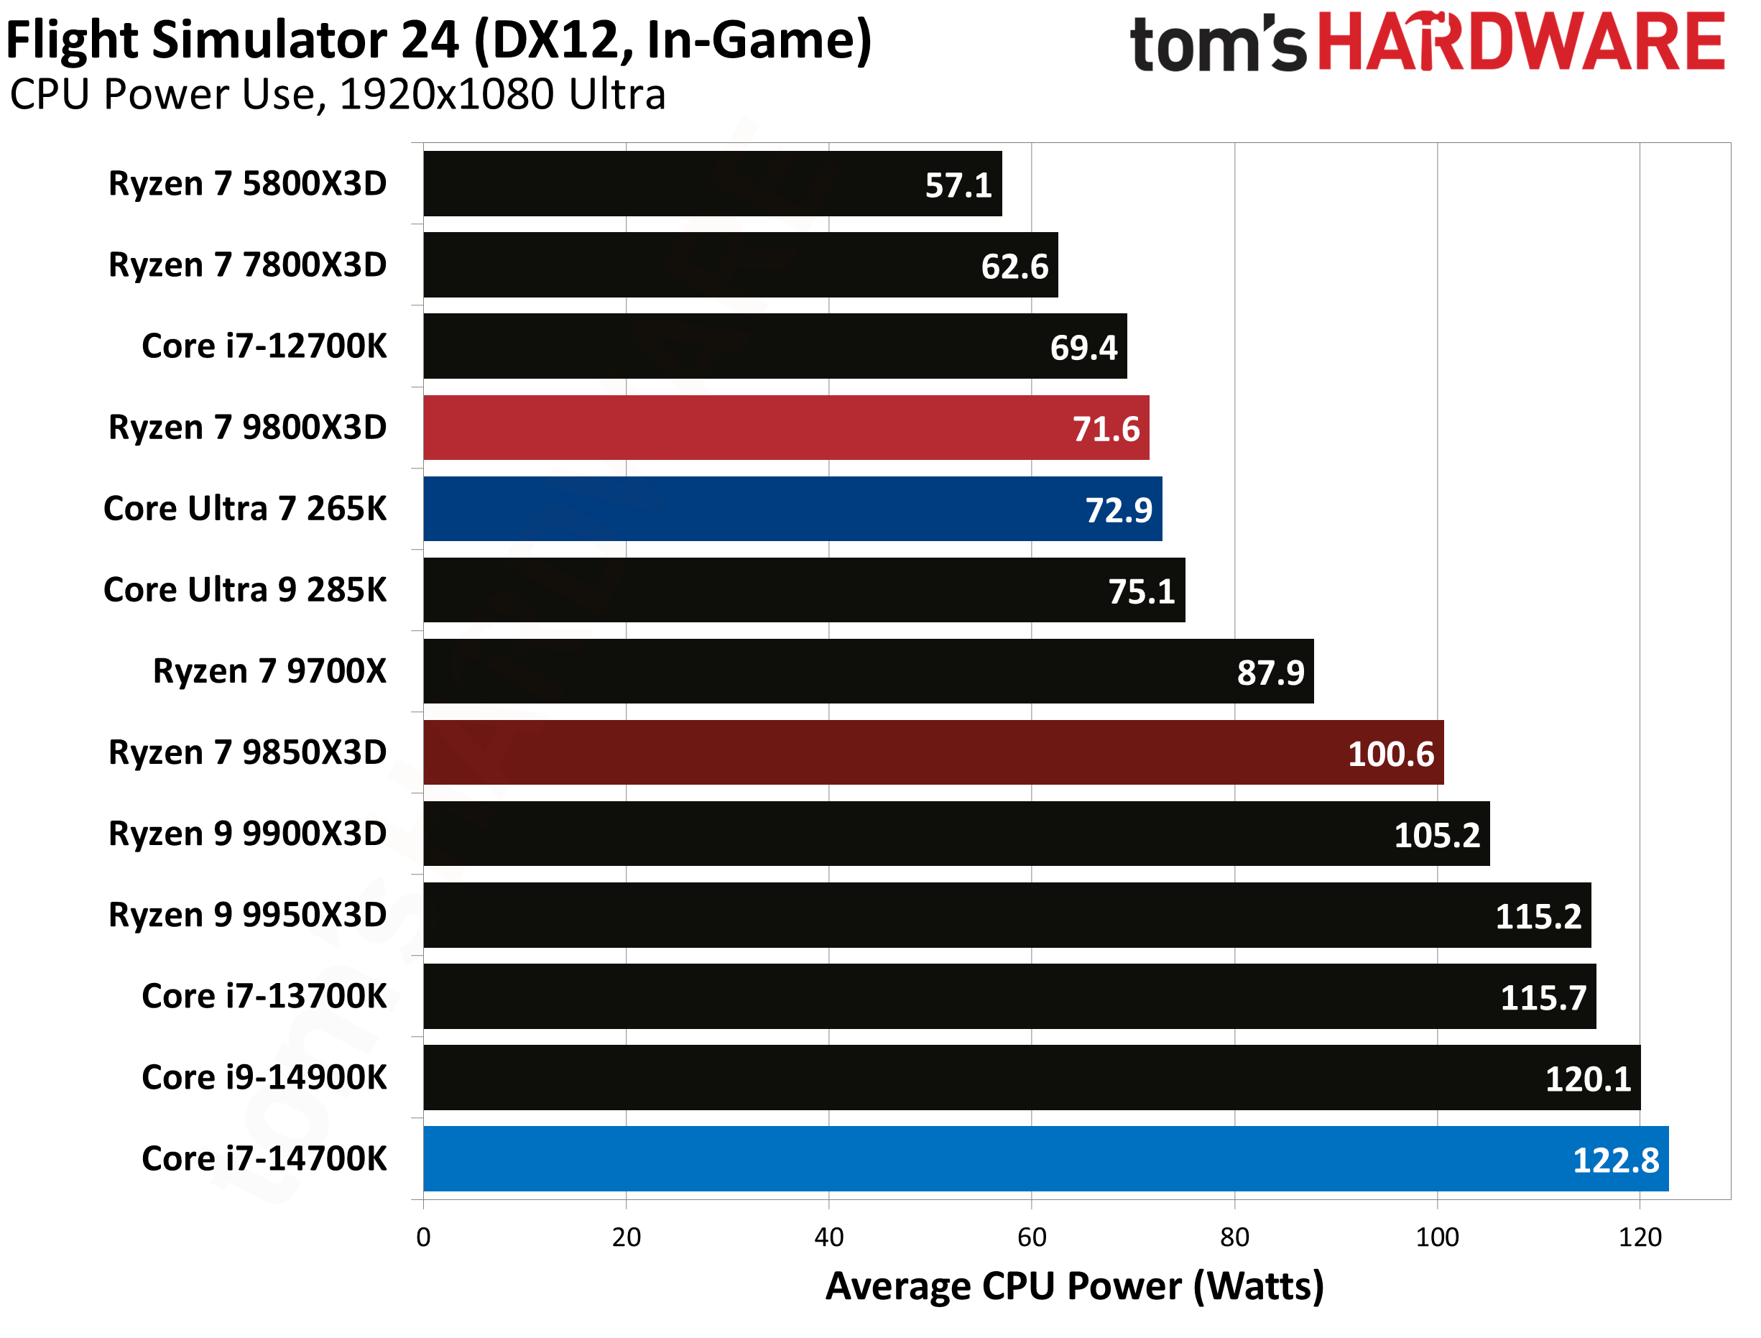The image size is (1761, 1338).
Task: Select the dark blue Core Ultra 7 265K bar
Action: click(x=792, y=509)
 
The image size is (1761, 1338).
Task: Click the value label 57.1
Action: click(x=958, y=185)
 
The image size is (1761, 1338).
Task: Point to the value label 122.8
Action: click(x=1615, y=1161)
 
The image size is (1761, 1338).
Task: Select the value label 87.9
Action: click(x=1270, y=673)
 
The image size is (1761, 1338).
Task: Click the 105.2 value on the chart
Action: click(x=1436, y=836)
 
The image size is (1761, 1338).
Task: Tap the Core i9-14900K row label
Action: click(x=264, y=1078)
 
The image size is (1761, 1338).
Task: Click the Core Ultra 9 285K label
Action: click(x=244, y=590)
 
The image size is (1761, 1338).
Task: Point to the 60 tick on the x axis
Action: click(x=1031, y=1237)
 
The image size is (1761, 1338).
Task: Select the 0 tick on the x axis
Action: click(x=422, y=1237)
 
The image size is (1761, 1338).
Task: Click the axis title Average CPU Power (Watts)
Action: click(x=1074, y=1286)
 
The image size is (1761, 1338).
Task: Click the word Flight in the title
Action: click(x=73, y=40)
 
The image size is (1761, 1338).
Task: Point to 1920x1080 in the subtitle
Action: click(x=446, y=95)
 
